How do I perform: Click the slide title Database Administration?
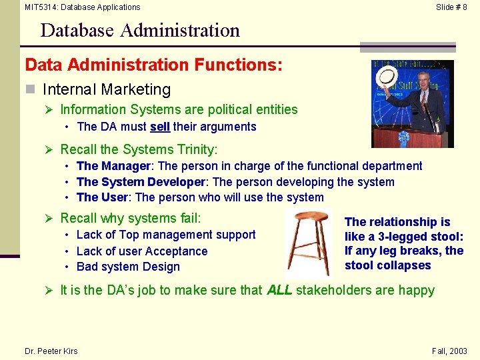139,31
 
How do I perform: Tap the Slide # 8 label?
451,7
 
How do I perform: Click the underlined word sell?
159,127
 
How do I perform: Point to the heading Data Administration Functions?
154,65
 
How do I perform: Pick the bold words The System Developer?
141,182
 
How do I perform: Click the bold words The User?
103,197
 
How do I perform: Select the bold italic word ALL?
279,290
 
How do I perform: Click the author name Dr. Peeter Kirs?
51,351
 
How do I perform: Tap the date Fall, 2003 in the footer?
450,351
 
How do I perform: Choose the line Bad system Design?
128,267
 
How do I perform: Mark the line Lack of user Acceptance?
141,251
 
